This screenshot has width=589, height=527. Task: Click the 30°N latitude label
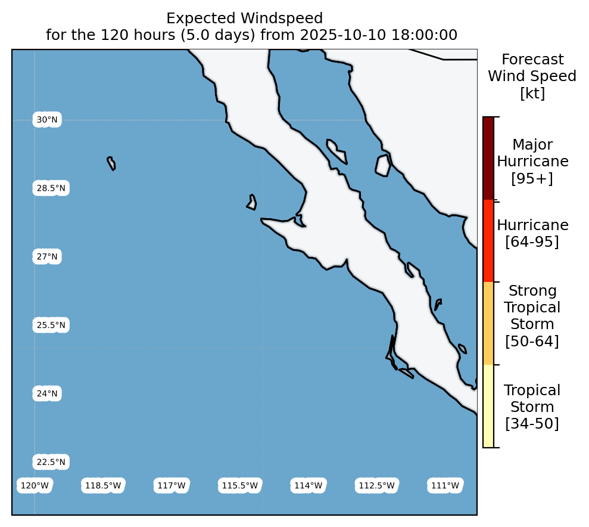47,120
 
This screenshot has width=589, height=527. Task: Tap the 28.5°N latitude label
51,188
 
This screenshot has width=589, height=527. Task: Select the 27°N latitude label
47,256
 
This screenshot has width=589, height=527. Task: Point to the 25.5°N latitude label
51,325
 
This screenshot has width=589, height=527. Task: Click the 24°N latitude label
47,393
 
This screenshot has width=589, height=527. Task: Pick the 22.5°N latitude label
51,462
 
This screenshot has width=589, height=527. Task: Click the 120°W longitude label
35,485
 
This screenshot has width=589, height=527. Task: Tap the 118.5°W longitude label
103,485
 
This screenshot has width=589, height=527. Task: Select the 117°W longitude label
172,485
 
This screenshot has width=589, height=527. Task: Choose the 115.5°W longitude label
239,485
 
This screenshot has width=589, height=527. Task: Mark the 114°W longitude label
308,485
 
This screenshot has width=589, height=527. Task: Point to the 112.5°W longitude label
377,485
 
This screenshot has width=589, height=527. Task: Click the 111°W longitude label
445,485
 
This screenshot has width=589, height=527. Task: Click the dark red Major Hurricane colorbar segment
488,158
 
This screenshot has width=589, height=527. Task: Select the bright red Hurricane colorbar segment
488,241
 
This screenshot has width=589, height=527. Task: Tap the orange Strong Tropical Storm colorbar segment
488,323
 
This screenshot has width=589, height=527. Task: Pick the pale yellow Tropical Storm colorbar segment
488,406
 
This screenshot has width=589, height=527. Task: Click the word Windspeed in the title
282,18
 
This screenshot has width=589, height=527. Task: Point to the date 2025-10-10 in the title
343,35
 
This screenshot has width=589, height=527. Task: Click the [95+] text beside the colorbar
532,178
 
